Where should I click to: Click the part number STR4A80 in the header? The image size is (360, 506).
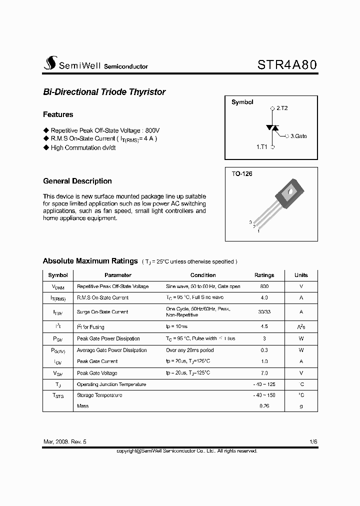click(287, 65)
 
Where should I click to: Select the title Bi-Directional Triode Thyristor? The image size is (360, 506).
click(104, 92)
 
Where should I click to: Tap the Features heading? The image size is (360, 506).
click(58, 114)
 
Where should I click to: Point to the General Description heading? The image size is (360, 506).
click(77, 181)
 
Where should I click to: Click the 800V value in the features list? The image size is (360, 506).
click(151, 129)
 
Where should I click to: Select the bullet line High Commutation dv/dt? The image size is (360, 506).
click(83, 148)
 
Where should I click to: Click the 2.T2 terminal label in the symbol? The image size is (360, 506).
click(281, 108)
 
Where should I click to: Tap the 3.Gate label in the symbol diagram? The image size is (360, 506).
click(298, 135)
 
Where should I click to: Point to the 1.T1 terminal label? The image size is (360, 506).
click(262, 147)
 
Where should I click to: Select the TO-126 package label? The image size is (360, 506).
click(242, 174)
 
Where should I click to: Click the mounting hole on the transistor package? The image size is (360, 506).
click(290, 190)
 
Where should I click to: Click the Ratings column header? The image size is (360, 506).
click(264, 275)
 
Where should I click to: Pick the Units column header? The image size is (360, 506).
click(301, 275)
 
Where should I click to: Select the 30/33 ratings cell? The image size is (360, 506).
click(264, 311)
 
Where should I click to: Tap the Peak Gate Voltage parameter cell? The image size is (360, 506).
click(97, 373)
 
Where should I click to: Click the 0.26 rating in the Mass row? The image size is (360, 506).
click(264, 406)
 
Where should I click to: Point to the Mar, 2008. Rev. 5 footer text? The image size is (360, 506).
click(65, 442)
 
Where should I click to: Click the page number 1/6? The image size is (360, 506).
click(313, 442)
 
